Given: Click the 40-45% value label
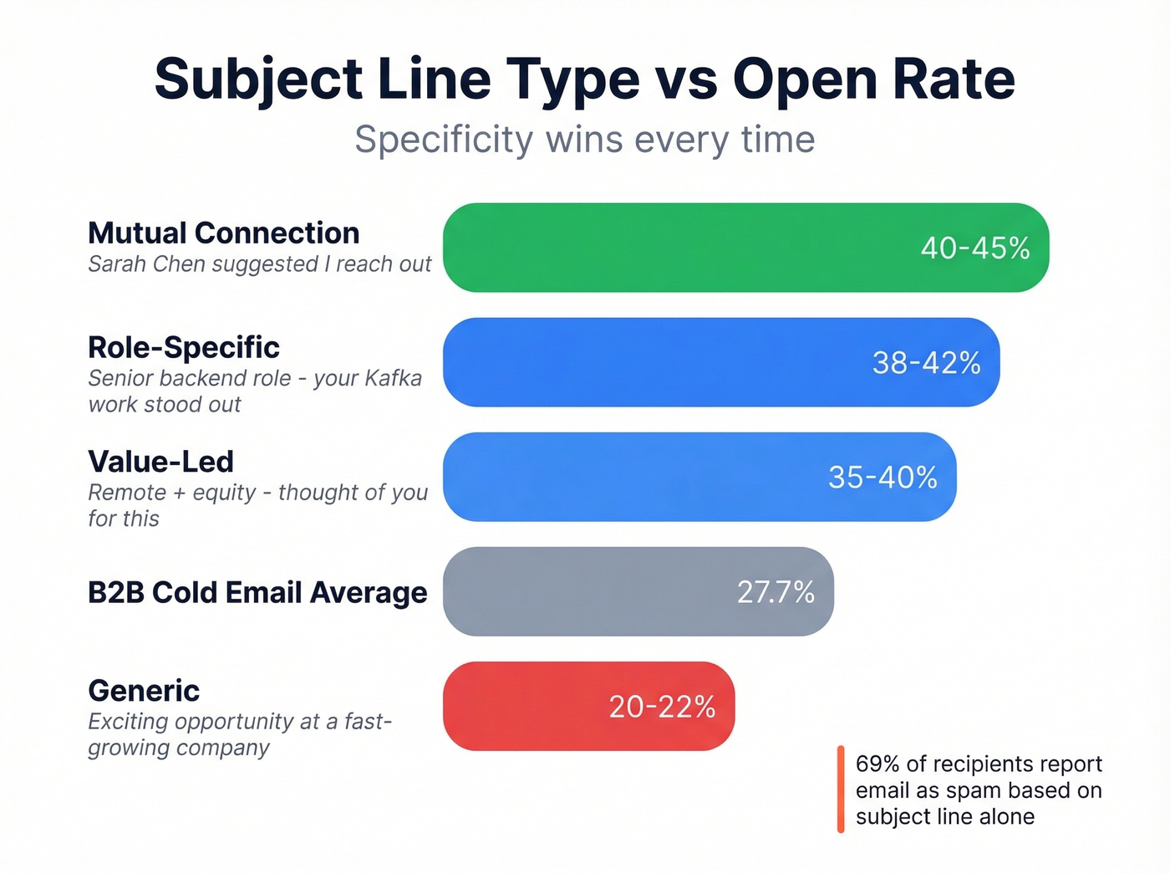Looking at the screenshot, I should [x=974, y=248].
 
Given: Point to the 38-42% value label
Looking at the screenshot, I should [x=926, y=363].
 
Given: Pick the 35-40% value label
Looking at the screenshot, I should [x=883, y=478].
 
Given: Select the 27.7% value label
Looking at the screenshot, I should [x=776, y=592].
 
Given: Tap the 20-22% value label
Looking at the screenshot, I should [x=662, y=707].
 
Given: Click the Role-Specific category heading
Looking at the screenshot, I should [x=184, y=347].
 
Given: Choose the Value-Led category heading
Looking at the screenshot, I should [x=160, y=462].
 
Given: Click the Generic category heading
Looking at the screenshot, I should [x=144, y=691].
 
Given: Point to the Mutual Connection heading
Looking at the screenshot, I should [x=224, y=233].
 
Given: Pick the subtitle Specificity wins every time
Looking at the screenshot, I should [x=584, y=140].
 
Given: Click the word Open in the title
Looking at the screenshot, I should [x=804, y=79].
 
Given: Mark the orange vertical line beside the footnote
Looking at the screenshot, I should [x=841, y=789].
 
